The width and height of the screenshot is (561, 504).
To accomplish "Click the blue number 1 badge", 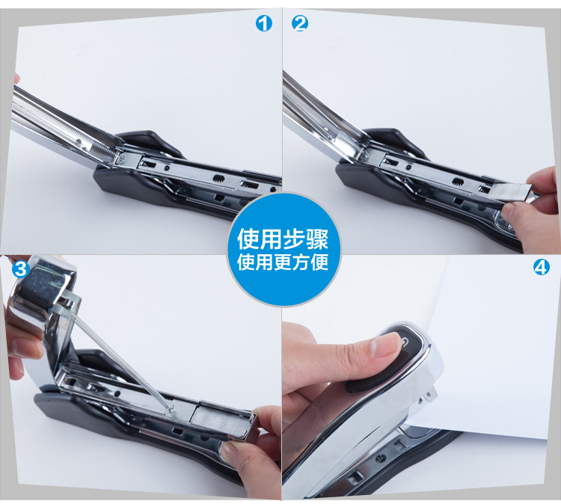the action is click(x=264, y=24).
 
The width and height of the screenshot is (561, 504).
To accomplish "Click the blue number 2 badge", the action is click(x=300, y=24).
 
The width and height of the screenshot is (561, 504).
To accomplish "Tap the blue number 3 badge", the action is click(x=21, y=268).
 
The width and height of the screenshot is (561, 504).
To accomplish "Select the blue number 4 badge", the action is click(x=542, y=267).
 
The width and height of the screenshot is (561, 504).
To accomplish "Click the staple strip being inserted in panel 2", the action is click(x=509, y=192).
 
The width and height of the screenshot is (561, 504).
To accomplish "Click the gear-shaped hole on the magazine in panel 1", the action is click(x=218, y=179).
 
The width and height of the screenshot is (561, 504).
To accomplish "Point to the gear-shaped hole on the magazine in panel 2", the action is click(x=459, y=182).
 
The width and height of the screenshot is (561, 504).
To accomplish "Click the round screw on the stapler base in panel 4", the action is click(x=381, y=458).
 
